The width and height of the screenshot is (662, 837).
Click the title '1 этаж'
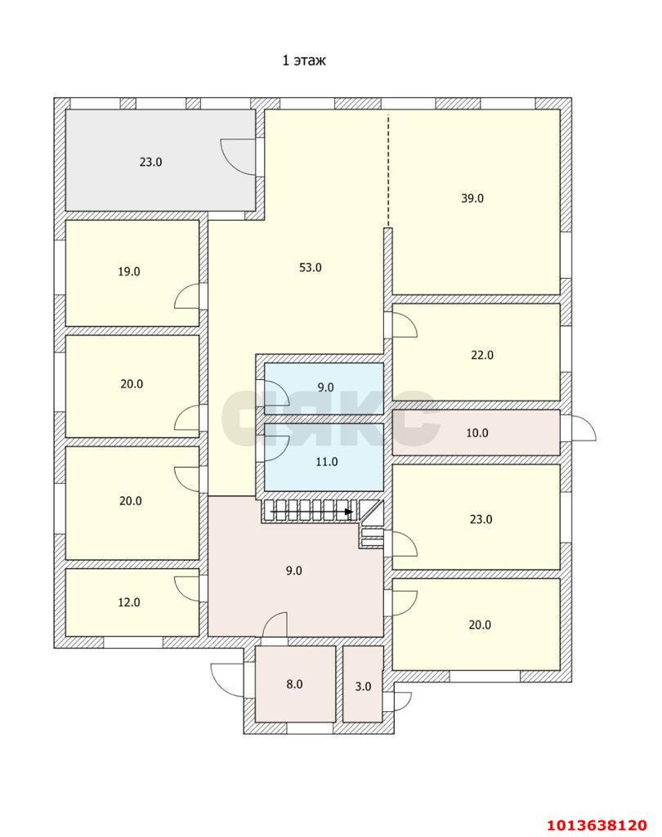(x=304, y=60)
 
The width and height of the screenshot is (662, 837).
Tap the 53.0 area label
(x=311, y=267)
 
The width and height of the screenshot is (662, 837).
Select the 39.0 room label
(x=472, y=198)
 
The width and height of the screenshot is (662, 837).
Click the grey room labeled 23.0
(x=160, y=160)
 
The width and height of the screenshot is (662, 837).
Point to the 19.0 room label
(x=129, y=271)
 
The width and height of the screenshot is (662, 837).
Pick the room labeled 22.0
(x=476, y=352)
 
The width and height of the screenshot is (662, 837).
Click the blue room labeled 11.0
(x=324, y=457)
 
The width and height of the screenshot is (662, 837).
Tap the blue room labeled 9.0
(x=324, y=388)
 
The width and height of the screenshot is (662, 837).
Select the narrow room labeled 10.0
(x=476, y=432)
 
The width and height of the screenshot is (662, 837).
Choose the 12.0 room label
(x=129, y=602)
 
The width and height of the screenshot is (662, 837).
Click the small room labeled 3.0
(x=363, y=684)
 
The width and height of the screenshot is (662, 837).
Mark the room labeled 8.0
(x=295, y=684)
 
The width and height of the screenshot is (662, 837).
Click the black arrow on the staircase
(x=312, y=512)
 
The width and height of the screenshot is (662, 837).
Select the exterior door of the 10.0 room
(x=584, y=427)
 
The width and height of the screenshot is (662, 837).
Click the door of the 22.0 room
(x=405, y=325)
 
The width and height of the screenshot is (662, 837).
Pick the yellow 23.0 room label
(x=481, y=519)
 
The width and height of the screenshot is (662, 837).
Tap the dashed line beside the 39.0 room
(x=388, y=170)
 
